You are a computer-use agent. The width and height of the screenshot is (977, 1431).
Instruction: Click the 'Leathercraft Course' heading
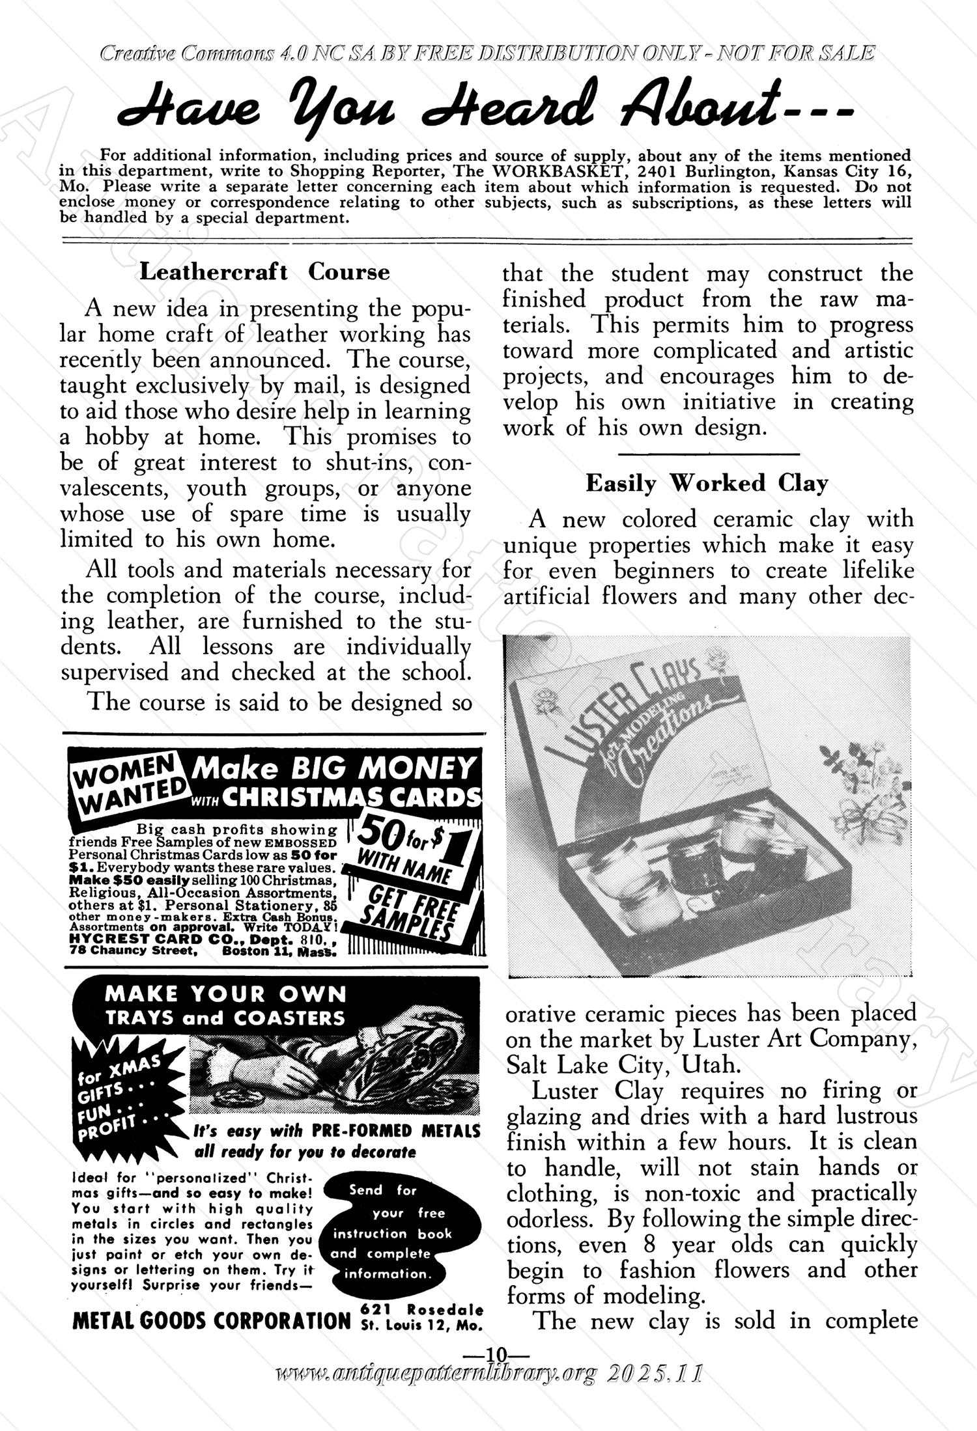click(264, 272)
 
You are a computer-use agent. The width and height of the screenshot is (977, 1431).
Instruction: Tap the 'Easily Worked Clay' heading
click(707, 484)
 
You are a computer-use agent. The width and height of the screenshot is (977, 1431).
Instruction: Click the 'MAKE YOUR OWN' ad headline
click(225, 994)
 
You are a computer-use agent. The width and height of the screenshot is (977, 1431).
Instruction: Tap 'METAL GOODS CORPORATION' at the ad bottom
click(212, 1320)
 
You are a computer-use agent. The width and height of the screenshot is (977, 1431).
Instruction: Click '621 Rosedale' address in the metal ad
click(421, 1310)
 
